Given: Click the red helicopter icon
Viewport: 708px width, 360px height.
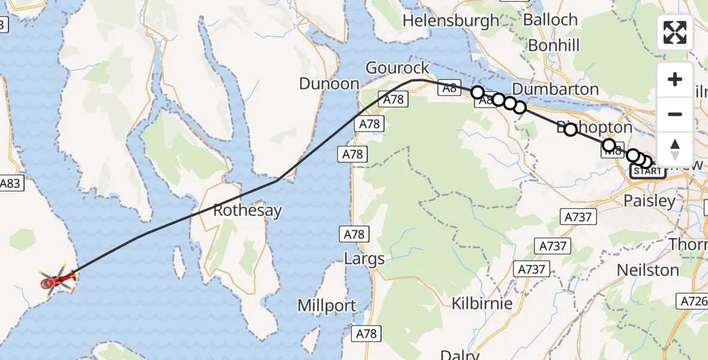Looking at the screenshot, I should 57,280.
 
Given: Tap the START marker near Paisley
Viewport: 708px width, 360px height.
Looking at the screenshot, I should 647,172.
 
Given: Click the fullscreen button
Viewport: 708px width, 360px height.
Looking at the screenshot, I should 675,32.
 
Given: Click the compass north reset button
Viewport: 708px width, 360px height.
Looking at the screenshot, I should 675,149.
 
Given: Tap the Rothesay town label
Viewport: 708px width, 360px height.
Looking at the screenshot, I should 248,211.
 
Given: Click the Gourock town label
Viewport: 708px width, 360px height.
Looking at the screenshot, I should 397,68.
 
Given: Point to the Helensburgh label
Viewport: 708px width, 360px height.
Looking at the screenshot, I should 451,20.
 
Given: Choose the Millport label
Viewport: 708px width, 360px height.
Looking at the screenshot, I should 327,305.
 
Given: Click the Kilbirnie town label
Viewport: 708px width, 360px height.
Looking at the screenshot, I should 482,303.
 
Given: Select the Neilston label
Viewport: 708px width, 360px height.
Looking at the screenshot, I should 648,270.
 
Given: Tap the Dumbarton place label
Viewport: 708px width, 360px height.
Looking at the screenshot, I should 555,89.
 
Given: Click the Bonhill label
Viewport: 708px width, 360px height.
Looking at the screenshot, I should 554,45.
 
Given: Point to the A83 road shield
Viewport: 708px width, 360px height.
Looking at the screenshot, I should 12,184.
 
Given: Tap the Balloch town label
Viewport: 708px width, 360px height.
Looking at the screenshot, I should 550,20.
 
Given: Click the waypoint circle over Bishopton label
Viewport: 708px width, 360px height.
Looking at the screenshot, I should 570,129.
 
